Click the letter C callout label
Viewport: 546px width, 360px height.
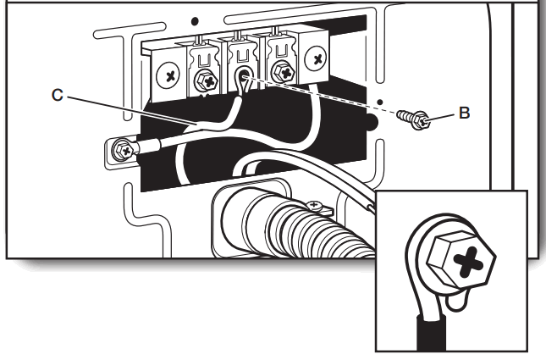(x=57, y=96)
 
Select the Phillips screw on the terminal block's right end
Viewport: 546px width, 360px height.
(x=317, y=60)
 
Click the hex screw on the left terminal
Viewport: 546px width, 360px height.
(x=204, y=82)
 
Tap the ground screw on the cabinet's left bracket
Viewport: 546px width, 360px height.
(x=124, y=151)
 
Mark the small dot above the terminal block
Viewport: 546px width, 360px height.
(x=196, y=18)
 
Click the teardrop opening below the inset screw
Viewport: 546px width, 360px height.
(x=458, y=300)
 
